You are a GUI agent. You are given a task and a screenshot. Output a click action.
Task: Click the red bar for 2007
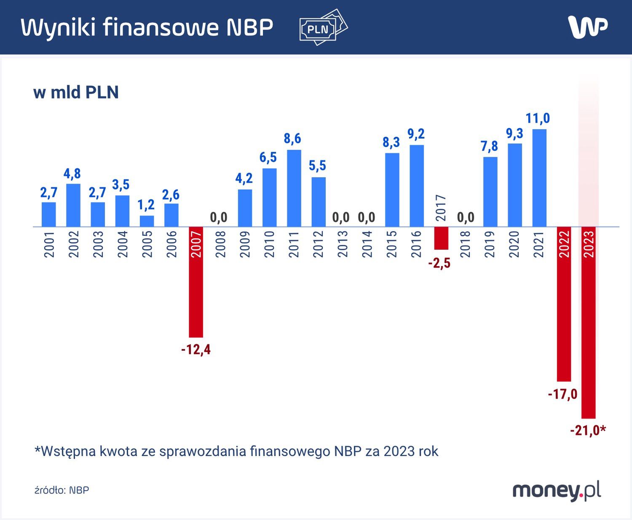pyautogui.click(x=196, y=282)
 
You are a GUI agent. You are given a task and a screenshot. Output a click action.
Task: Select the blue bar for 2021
pyautogui.click(x=539, y=178)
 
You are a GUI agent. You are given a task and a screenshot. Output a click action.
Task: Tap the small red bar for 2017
pyautogui.click(x=441, y=238)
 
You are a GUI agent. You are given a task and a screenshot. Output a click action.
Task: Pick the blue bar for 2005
pyautogui.click(x=147, y=221)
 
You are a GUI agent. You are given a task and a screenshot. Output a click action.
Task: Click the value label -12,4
pyautogui.click(x=196, y=349)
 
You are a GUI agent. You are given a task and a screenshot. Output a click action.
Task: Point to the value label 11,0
pyautogui.click(x=538, y=118)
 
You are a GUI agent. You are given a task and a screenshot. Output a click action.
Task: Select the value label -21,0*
pyautogui.click(x=588, y=430)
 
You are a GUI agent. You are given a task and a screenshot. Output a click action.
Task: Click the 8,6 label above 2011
pyautogui.click(x=292, y=139)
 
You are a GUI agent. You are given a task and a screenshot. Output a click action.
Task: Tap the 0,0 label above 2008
pyautogui.click(x=219, y=217)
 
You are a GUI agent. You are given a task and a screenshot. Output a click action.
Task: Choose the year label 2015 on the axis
pyautogui.click(x=392, y=244)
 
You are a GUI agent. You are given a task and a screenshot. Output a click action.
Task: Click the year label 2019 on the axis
pyautogui.click(x=490, y=244)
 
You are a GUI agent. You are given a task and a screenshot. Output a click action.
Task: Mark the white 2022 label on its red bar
pyautogui.click(x=564, y=244)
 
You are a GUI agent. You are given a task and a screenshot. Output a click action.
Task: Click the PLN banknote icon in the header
pyautogui.click(x=323, y=27)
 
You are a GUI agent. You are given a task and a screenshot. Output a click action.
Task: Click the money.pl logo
pyautogui.click(x=556, y=490)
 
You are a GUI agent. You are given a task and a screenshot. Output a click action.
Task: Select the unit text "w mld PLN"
pyautogui.click(x=76, y=92)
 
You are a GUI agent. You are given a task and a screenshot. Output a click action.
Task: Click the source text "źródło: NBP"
pyautogui.click(x=62, y=490)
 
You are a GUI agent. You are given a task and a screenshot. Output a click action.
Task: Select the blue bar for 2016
pyautogui.click(x=417, y=186)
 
